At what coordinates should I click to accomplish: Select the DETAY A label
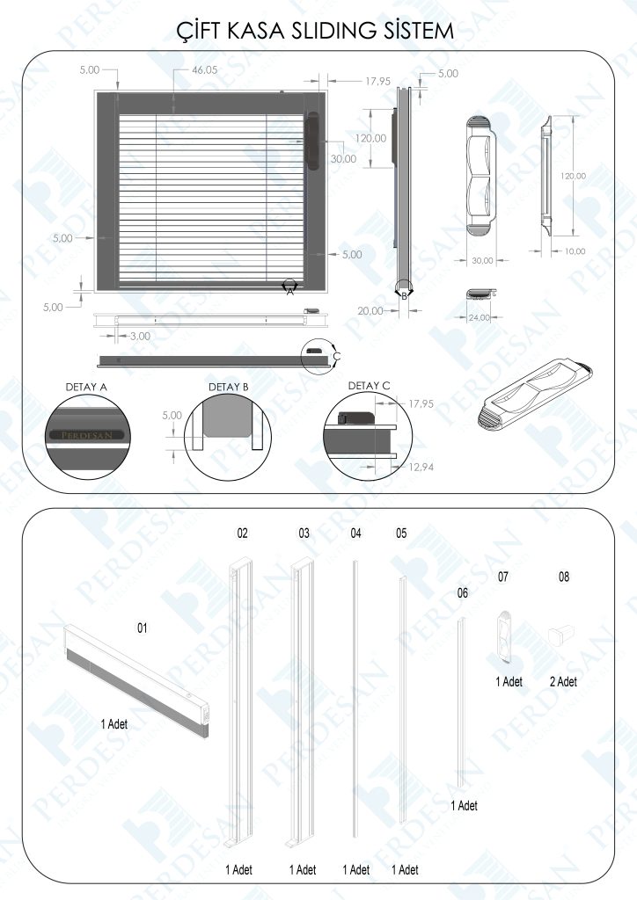tap(86, 386)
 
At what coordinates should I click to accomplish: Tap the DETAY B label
tap(228, 387)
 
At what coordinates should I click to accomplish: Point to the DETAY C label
tap(369, 385)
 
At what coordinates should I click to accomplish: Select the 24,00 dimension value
tap(479, 317)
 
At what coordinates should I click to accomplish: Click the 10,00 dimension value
tap(574, 251)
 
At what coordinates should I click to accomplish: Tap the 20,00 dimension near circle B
tap(371, 310)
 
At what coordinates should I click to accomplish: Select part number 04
tap(355, 533)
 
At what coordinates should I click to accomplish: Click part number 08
tap(564, 577)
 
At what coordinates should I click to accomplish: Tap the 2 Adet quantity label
tap(563, 681)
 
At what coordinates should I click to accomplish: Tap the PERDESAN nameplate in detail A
tap(86, 434)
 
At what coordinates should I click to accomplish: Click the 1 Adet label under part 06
tap(464, 805)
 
